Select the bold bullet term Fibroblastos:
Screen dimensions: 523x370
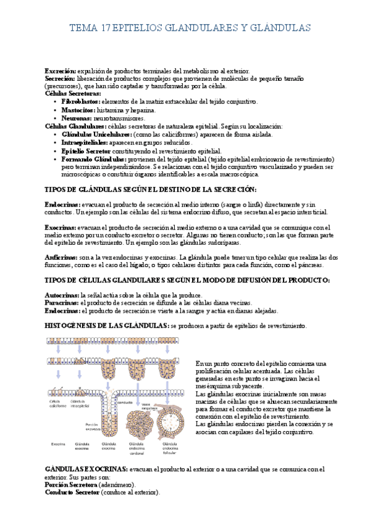[x=80, y=101]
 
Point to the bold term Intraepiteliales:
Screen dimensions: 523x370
[x=83, y=142]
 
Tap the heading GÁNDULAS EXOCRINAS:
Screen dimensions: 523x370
[x=86, y=469]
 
